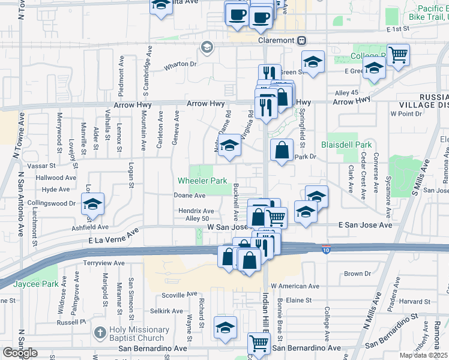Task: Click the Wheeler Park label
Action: pos(202,181)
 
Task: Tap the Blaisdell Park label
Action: pos(346,145)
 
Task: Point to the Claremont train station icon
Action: pos(301,40)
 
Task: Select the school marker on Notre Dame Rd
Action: pos(228,146)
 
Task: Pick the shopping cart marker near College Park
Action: pos(399,55)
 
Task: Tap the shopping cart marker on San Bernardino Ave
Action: pos(259,344)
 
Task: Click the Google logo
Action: pos(20,353)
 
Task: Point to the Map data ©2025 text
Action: pos(424,355)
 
